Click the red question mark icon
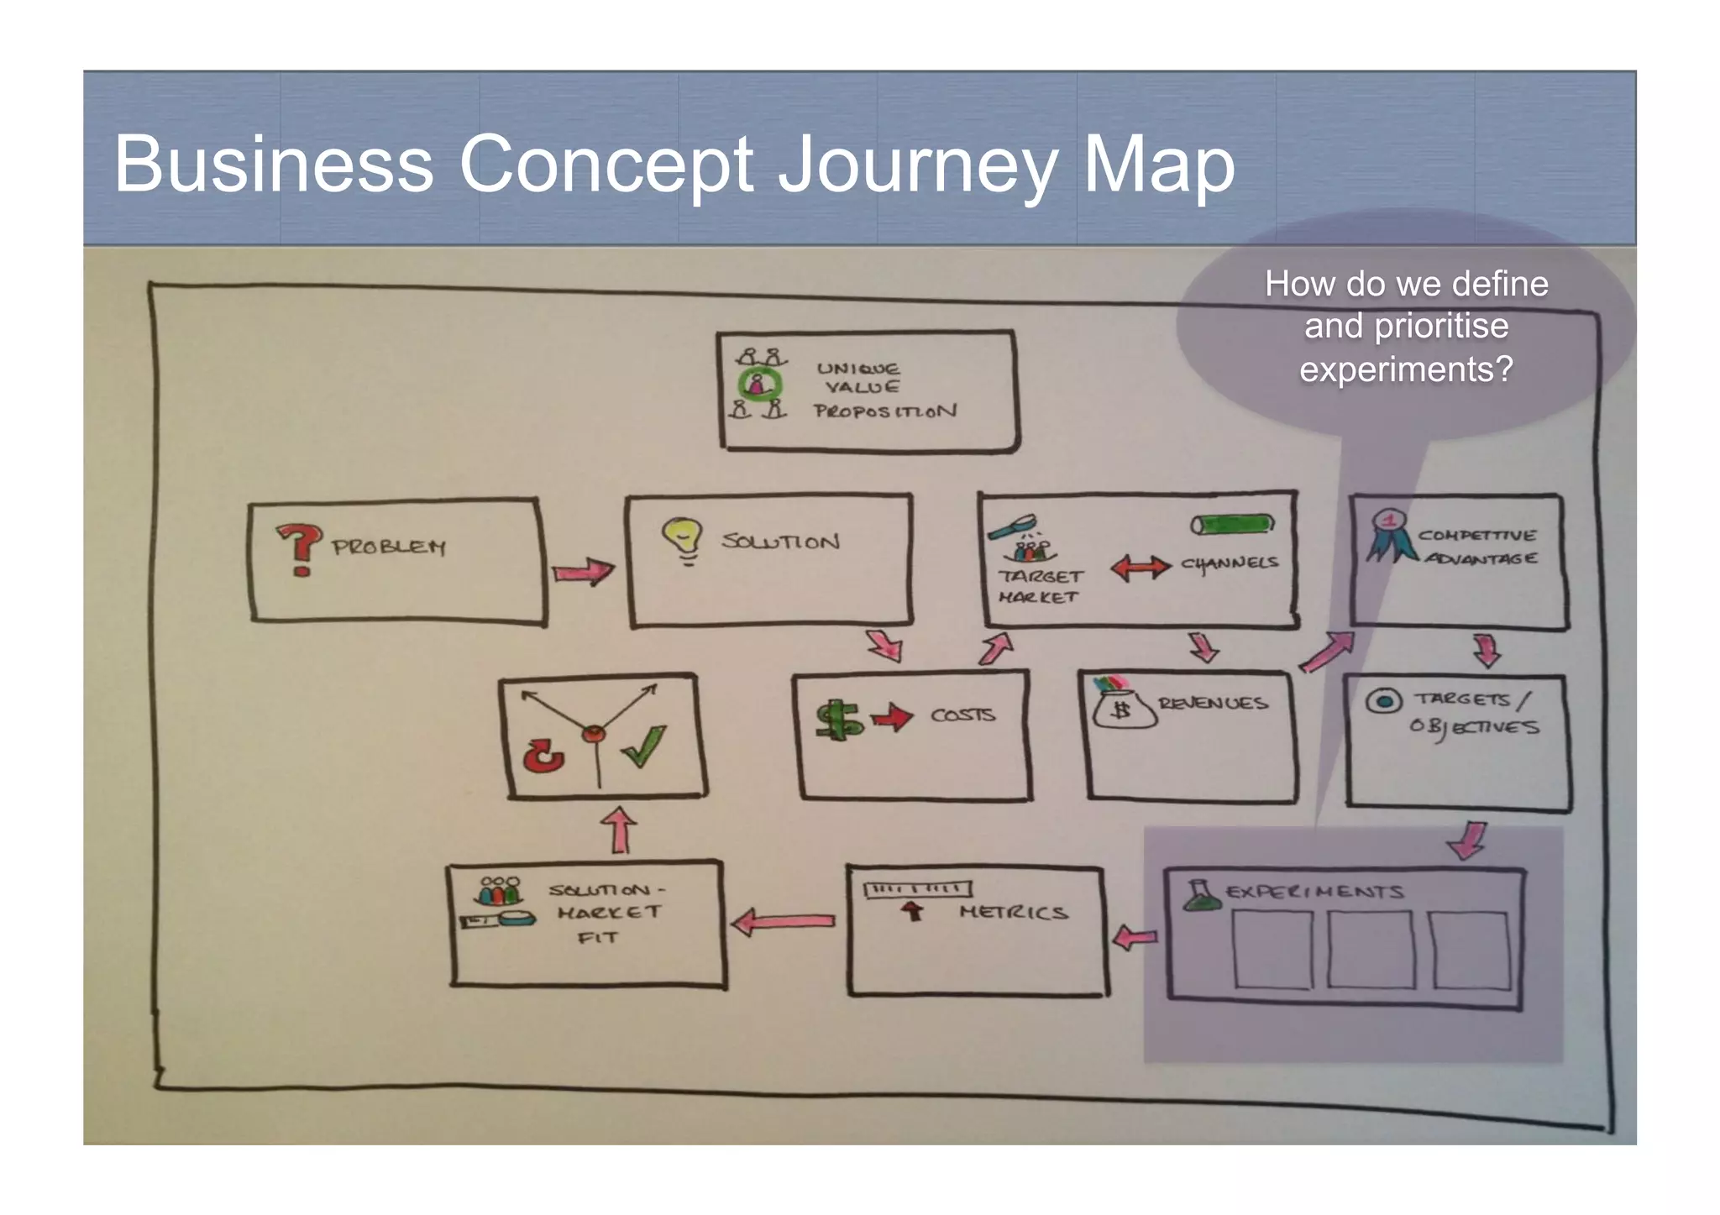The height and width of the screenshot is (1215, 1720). pyautogui.click(x=299, y=548)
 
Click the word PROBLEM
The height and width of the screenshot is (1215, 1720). pyautogui.click(x=389, y=547)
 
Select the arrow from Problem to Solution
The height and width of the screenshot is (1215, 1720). pyautogui.click(x=583, y=572)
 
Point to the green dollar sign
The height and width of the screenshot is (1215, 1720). pyautogui.click(x=838, y=719)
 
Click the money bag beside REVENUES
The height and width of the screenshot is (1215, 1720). pyautogui.click(x=1121, y=705)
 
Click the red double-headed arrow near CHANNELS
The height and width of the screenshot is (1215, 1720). pyautogui.click(x=1140, y=568)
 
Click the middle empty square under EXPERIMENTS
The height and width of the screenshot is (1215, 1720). pyautogui.click(x=1370, y=949)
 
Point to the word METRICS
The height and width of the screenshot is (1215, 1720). pyautogui.click(x=1014, y=913)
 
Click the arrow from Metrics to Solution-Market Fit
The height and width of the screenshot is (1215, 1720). pyautogui.click(x=783, y=922)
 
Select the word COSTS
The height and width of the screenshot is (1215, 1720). pyautogui.click(x=962, y=715)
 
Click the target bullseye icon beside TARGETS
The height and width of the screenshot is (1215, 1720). pyautogui.click(x=1383, y=700)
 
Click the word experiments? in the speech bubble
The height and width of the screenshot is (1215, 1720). pyautogui.click(x=1406, y=369)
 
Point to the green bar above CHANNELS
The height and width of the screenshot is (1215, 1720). pyautogui.click(x=1232, y=525)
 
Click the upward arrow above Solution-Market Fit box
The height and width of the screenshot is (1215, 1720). pyautogui.click(x=620, y=830)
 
